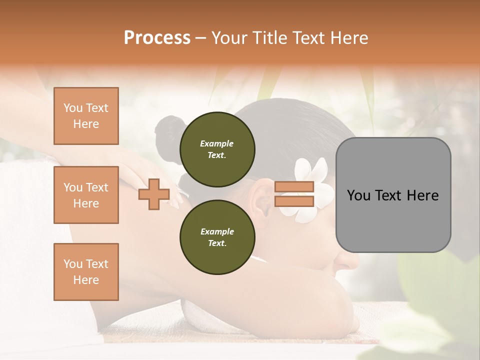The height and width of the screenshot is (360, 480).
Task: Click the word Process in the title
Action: [157, 38]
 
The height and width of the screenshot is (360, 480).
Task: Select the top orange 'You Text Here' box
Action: [86, 116]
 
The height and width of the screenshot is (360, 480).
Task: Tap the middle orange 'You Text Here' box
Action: [86, 195]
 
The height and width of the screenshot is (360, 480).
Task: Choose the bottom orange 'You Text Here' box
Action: [86, 272]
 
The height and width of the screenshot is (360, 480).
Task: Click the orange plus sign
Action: [153, 194]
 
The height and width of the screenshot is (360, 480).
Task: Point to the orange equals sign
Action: [294, 194]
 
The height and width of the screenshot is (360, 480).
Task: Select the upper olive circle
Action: [217, 149]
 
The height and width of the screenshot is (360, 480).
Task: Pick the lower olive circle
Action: [217, 237]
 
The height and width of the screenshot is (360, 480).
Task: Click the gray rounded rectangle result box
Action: [393, 195]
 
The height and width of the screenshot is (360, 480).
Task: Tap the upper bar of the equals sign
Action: [294, 187]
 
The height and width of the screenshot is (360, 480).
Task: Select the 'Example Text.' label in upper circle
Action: [217, 149]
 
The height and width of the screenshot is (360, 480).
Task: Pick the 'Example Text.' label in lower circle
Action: [217, 237]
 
